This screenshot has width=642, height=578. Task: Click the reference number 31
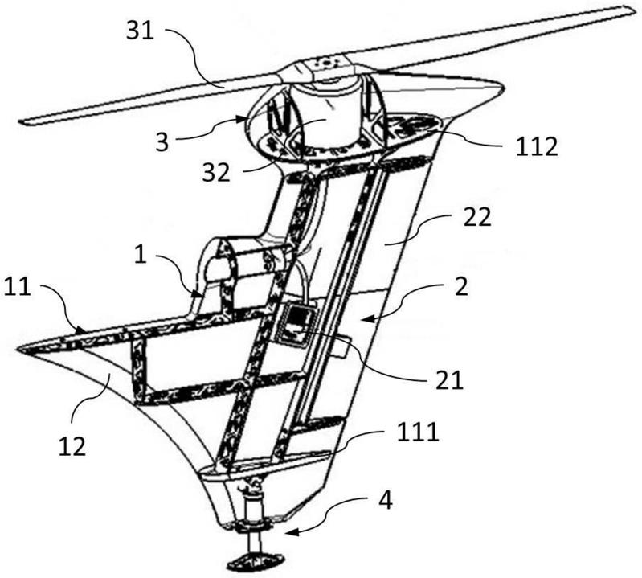pos(140,31)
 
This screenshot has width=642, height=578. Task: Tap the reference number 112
pos(537,146)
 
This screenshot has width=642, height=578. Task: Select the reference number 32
pos(216,173)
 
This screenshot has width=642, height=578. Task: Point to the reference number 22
pos(477,218)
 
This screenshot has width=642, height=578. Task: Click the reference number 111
pos(418,432)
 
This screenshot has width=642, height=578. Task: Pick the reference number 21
pos(449,380)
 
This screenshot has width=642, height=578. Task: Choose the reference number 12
pos(72,446)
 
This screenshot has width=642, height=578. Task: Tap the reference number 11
pos(17,286)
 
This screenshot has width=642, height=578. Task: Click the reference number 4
pos(386,500)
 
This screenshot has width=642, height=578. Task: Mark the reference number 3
pos(162,142)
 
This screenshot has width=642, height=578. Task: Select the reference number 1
pos(140,255)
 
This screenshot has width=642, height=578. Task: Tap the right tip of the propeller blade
pos(636,9)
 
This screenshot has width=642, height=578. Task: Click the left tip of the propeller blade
pos(21,121)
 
